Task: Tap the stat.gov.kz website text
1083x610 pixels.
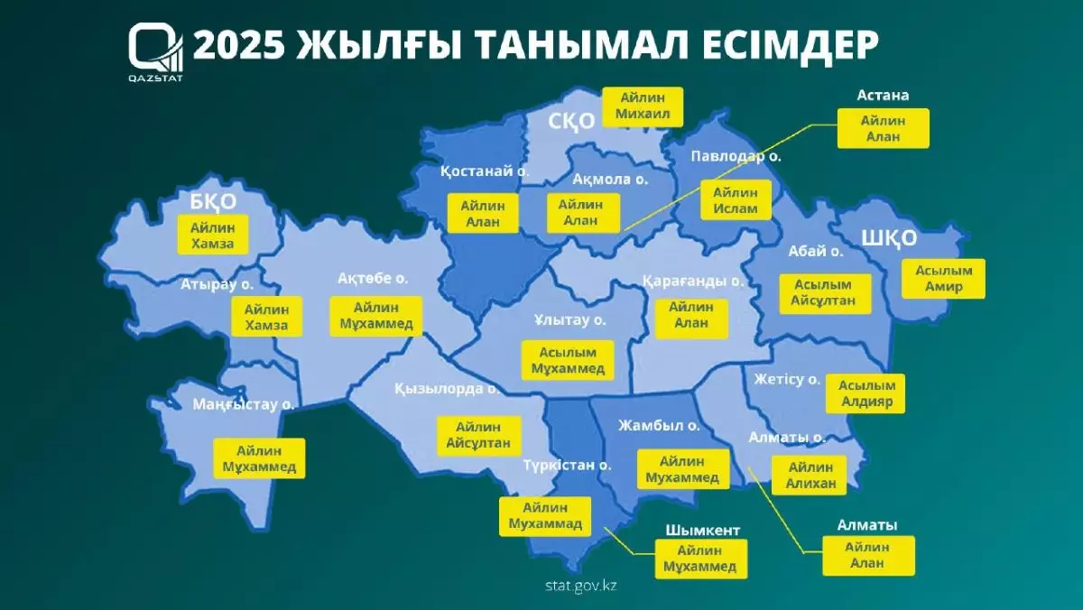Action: coord(580,584)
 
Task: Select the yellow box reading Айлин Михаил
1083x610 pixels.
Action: coord(642,106)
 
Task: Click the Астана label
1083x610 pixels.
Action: coord(882,94)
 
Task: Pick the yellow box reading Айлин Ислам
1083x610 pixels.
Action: coord(735,199)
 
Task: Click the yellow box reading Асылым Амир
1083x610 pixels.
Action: coord(943,279)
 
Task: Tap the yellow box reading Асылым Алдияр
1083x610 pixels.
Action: coord(864,393)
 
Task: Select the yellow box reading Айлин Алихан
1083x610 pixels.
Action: coord(809,475)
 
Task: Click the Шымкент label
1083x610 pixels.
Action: coord(694,530)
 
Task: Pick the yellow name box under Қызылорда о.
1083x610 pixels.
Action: coord(478,435)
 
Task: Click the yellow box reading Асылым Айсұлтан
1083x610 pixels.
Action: coord(823,293)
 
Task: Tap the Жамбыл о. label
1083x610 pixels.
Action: coord(659,424)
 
